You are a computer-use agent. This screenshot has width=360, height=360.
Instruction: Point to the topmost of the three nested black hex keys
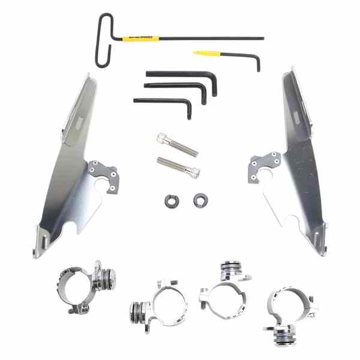point(180,74)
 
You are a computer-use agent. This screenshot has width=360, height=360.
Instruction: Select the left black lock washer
point(167,201)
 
